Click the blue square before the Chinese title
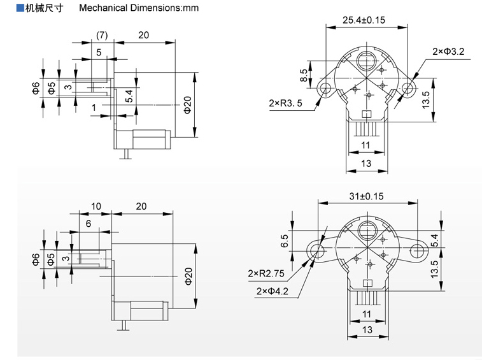click(20, 8)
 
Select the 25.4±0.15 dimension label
click(364, 19)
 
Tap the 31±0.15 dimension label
click(367, 198)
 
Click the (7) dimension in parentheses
click(101, 35)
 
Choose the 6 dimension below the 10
click(89, 223)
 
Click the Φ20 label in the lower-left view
click(188, 275)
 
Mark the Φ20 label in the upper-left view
click(187, 105)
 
